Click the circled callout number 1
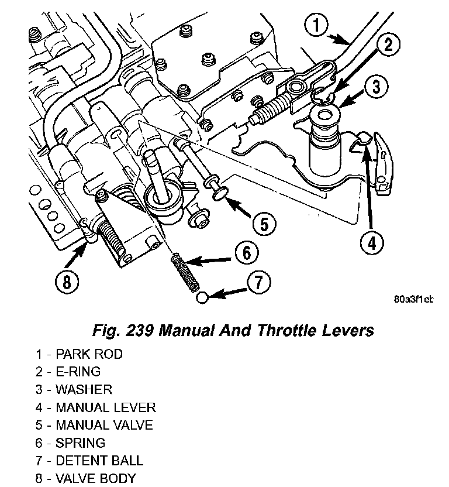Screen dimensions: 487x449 point(316,26)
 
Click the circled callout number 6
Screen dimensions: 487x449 point(246,253)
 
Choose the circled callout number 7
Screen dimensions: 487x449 point(258,283)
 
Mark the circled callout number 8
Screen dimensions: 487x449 point(67,283)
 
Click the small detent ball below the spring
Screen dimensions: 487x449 point(201,298)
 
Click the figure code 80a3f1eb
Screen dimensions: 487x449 point(413,299)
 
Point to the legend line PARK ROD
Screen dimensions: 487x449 point(78,354)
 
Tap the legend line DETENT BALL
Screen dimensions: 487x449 point(89,460)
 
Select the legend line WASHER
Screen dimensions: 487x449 point(73,389)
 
